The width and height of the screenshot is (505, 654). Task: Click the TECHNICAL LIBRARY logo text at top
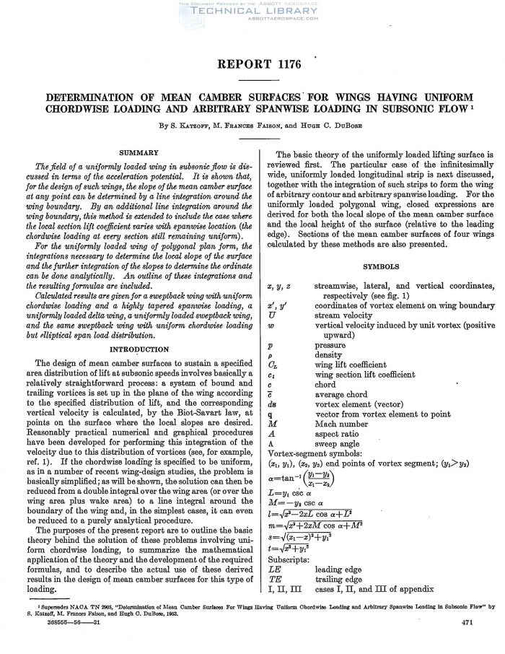252,12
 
